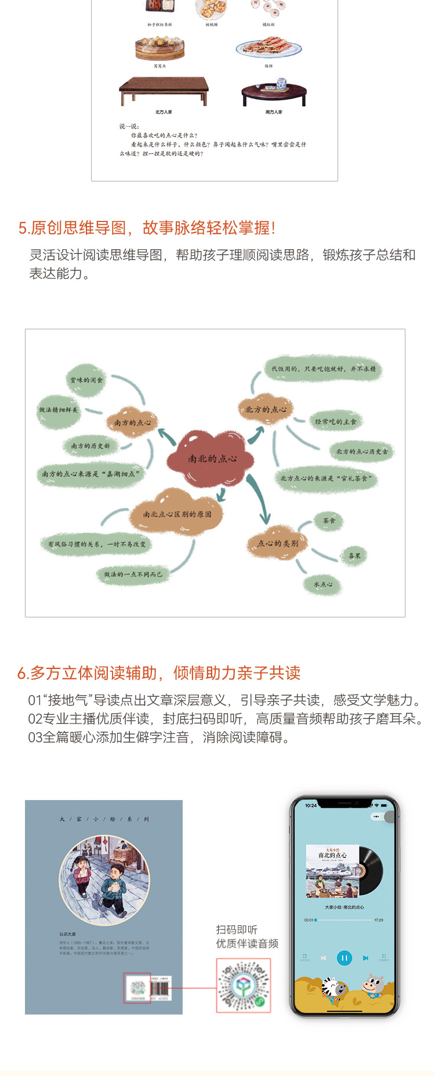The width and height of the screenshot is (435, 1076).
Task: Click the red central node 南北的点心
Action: [212, 459]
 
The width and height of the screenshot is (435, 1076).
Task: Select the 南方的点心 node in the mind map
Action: [132, 422]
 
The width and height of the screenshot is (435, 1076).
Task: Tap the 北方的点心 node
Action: [266, 409]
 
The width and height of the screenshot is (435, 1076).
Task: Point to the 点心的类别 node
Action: [278, 543]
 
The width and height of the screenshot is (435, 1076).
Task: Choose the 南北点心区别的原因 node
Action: [177, 514]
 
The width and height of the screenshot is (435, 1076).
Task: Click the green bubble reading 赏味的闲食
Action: [86, 380]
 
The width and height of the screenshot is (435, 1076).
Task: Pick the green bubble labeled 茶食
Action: [329, 521]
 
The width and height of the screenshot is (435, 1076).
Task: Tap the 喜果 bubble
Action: [354, 555]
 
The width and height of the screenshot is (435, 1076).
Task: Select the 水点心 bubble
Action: [323, 584]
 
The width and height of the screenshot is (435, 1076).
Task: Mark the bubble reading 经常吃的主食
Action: [335, 421]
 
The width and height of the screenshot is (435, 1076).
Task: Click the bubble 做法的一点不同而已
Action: [133, 574]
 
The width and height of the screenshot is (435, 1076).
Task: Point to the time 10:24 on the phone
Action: [311, 805]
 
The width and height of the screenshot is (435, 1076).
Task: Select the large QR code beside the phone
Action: [244, 985]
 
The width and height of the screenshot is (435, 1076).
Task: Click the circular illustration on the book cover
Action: [104, 880]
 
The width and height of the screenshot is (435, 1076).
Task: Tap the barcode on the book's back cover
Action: [159, 988]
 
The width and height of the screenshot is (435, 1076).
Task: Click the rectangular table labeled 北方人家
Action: [164, 91]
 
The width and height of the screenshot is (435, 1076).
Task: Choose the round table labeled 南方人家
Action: [274, 93]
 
